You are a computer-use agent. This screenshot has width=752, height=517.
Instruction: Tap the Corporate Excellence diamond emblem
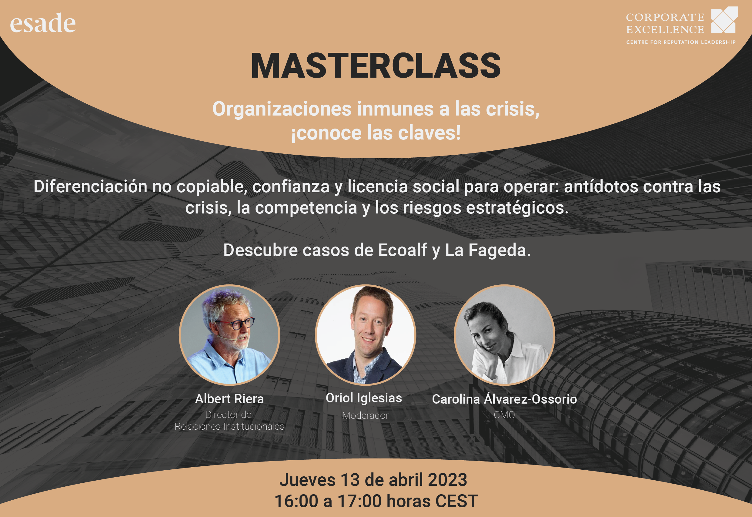(x=724, y=20)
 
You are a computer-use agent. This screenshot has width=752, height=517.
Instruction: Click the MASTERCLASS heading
(x=376, y=66)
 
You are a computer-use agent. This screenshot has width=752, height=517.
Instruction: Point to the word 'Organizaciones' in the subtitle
(x=282, y=109)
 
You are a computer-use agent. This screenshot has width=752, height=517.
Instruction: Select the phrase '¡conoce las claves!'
(x=376, y=133)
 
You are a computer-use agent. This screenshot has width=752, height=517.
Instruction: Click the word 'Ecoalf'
(x=403, y=250)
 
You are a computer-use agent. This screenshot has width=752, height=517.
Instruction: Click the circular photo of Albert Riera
(x=229, y=335)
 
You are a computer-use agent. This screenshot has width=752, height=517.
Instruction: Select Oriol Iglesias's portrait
(x=366, y=335)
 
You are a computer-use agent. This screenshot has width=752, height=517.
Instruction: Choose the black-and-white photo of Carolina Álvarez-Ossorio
(x=504, y=335)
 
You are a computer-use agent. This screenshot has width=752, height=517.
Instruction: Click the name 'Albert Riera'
(x=229, y=399)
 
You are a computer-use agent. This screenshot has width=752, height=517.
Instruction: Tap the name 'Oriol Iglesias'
(x=364, y=398)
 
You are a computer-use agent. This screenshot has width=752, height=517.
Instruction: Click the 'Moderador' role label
(x=366, y=415)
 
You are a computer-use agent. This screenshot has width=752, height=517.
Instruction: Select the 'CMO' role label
(x=504, y=415)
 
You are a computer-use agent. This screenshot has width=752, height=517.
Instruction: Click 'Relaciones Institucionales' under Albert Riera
(x=229, y=426)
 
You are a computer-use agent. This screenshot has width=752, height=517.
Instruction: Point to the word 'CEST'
(x=456, y=501)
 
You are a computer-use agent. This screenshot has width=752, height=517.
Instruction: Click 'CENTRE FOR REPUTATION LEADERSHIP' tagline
(x=681, y=42)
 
